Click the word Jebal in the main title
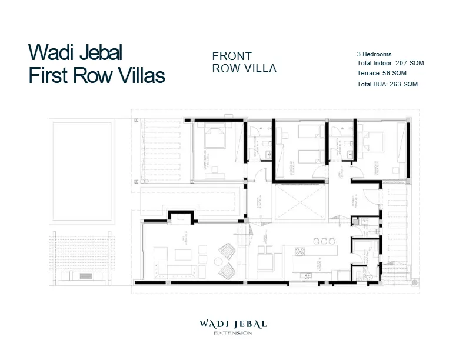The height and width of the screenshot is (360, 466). [x=95, y=53]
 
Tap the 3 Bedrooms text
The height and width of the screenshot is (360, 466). [x=374, y=54]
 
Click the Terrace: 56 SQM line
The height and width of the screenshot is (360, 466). [x=381, y=74]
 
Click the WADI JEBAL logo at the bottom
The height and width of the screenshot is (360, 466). [x=233, y=324]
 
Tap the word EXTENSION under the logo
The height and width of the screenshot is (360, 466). [x=233, y=334]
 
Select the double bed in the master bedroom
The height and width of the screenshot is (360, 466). [x=212, y=139]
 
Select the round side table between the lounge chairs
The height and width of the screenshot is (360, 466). [x=221, y=259]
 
